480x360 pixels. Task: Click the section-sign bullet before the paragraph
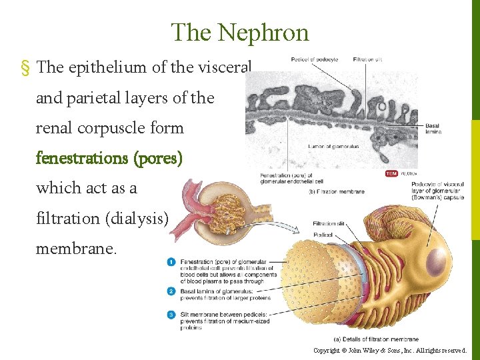pos(25,68)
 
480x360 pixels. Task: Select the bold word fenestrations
pos(83,159)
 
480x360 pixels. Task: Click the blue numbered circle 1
pos(172,261)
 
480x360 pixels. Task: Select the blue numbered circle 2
pos(172,290)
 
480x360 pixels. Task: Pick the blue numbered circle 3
pos(172,314)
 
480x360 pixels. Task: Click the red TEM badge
pos(391,173)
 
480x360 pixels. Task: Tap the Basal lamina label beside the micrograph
pos(433,128)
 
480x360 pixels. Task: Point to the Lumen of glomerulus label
pos(333,146)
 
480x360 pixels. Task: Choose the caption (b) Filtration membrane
pos(337,191)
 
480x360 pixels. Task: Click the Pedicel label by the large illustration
pos(322,235)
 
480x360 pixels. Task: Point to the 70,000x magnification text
pos(407,173)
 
